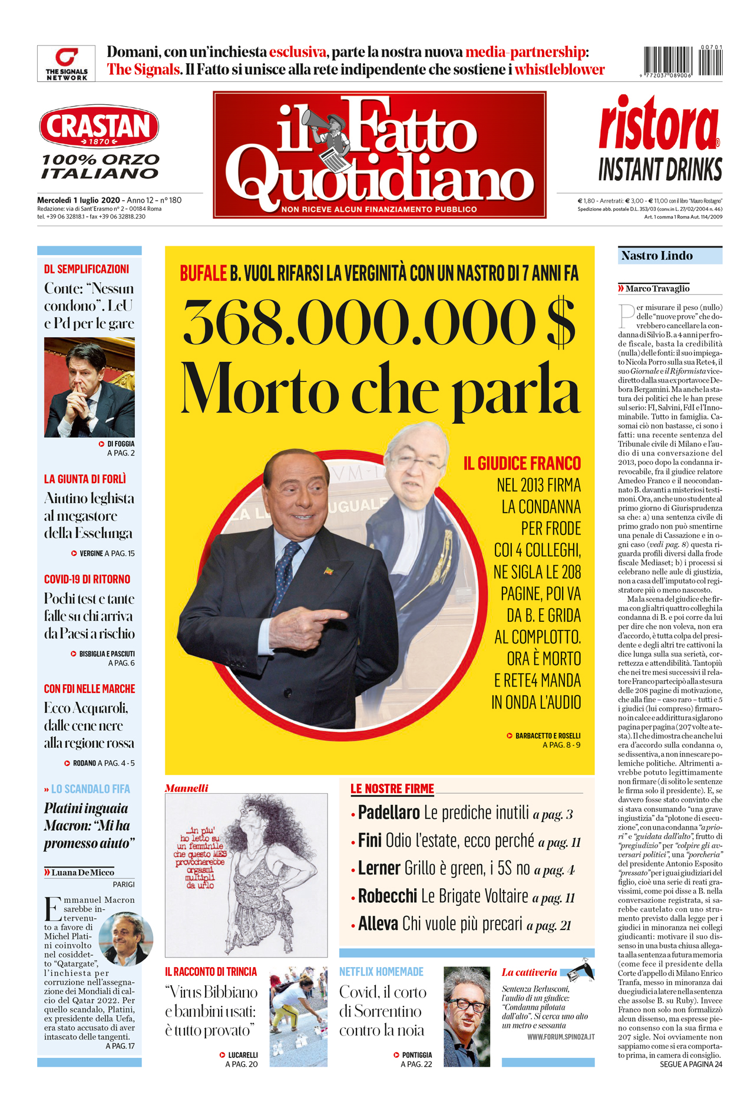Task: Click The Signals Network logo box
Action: [66, 63]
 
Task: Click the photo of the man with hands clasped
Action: [90, 387]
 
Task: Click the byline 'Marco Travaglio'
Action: [657, 289]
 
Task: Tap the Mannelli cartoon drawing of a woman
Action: [246, 875]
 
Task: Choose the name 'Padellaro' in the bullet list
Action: [389, 813]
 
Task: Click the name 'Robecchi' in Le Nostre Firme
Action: [388, 896]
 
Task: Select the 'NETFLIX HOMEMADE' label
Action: [381, 972]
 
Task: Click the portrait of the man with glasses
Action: [467, 1016]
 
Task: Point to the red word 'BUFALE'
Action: [203, 273]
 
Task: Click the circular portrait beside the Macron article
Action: [125, 939]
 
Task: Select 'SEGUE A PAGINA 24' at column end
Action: [690, 1064]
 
